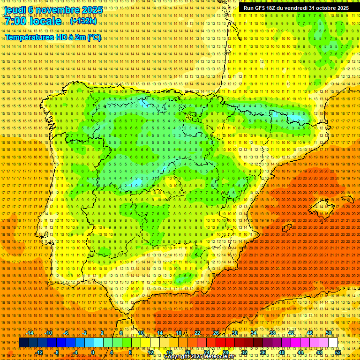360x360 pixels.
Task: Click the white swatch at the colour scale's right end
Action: click(333, 343)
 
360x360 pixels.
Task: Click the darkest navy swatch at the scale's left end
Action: click(23, 343)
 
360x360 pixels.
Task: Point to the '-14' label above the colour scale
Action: click(30, 333)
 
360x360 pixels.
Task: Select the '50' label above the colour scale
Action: click(329, 333)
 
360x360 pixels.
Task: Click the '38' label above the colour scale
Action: click(272, 333)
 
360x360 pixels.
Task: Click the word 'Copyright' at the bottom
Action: click(177, 357)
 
